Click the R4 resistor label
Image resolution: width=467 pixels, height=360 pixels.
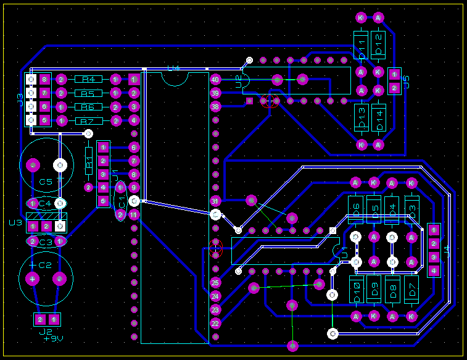(x=88, y=79)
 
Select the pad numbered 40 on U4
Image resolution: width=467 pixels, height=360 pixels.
(x=215, y=79)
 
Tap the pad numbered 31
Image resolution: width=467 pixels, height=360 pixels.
(x=215, y=201)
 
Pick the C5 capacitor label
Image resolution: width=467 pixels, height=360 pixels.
(x=46, y=182)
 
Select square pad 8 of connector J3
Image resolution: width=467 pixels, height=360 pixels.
(x=44, y=79)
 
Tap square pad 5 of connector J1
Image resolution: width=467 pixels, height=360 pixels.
(x=103, y=201)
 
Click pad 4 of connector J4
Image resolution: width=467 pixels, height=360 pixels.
(x=434, y=270)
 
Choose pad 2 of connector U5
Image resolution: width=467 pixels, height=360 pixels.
(x=394, y=89)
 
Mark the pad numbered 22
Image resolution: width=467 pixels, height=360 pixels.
(x=215, y=323)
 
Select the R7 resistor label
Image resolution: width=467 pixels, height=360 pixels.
(x=88, y=121)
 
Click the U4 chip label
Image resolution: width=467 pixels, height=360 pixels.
(x=173, y=68)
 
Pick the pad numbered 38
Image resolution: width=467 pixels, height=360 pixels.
(x=215, y=106)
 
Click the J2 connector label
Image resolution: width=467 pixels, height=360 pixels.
(x=46, y=332)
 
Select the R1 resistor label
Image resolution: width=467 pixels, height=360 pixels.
(x=88, y=162)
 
